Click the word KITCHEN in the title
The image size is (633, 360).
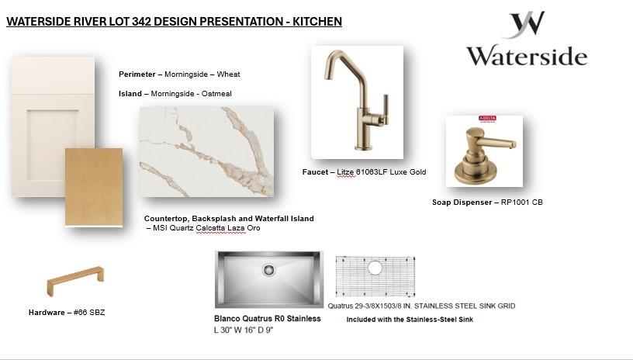317,22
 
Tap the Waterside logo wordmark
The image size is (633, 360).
527,56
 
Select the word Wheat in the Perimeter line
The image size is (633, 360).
228,74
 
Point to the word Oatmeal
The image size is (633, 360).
216,94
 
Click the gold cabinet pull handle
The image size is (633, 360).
75,280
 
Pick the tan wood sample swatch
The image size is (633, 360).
94,187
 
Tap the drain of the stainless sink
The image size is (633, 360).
268,269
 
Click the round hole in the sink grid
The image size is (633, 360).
375,268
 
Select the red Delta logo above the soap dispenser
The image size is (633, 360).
487,118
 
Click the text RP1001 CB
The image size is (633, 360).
521,202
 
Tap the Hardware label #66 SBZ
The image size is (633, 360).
89,313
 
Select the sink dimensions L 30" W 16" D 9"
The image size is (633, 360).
244,331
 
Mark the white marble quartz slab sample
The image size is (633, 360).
206,152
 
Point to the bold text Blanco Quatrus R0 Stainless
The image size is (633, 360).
268,318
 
